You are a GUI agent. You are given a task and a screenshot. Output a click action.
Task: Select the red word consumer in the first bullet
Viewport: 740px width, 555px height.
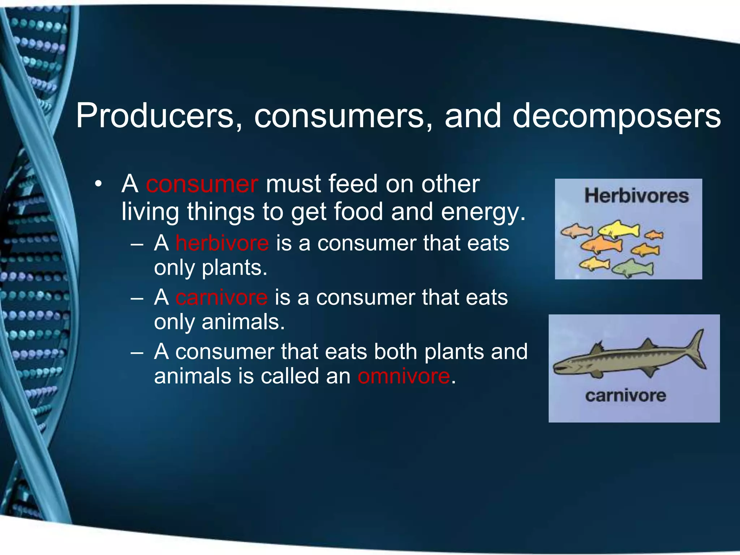coord(202,184)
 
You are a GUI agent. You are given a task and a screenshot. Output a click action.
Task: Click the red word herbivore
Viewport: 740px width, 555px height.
coord(222,243)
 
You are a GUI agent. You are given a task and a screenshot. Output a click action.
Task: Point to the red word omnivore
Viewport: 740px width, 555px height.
coord(404,376)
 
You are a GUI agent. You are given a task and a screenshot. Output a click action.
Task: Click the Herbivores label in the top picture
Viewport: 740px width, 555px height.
coord(636,195)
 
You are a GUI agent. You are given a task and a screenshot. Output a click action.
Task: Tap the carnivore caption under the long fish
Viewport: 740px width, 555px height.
coord(625,396)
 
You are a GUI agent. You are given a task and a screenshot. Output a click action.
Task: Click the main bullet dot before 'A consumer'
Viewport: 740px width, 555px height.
coord(98,184)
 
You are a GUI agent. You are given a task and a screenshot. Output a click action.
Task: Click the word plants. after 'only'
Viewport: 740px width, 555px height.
coord(235,268)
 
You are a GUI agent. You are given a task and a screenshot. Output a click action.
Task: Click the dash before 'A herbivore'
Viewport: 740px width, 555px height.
coord(137,244)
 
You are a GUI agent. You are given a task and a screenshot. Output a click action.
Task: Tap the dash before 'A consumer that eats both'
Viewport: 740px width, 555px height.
coord(137,352)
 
